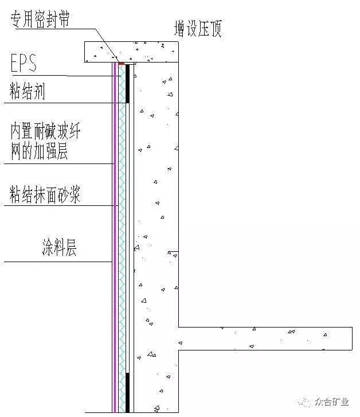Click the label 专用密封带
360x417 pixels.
[x=40, y=19]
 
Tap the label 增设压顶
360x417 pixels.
[x=198, y=28]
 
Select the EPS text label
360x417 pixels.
[x=24, y=63]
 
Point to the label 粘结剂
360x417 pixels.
[x=27, y=91]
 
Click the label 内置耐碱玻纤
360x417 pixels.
[x=45, y=131]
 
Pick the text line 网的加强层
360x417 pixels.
[x=39, y=151]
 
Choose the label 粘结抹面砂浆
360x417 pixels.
[x=45, y=194]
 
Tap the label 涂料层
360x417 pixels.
[x=60, y=247]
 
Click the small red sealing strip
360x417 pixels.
[x=122, y=63]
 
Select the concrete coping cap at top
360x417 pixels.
[x=131, y=52]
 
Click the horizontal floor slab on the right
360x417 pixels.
[x=265, y=338]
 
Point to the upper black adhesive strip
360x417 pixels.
[x=128, y=84]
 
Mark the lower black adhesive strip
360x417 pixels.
[x=128, y=392]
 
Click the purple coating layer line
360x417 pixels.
[x=115, y=237]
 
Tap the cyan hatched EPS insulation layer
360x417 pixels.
[x=122, y=238]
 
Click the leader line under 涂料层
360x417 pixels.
[x=58, y=262]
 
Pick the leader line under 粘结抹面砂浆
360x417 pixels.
[x=61, y=205]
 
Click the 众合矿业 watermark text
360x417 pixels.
[x=332, y=402]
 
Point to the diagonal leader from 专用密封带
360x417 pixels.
[x=107, y=44]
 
